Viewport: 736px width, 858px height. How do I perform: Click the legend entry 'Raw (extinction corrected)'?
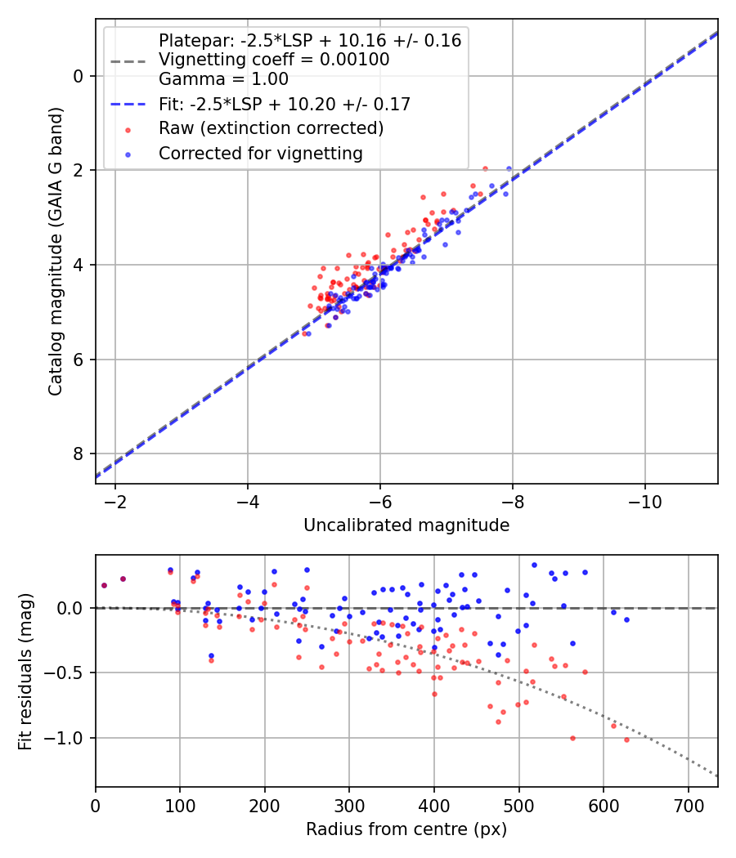click(271, 128)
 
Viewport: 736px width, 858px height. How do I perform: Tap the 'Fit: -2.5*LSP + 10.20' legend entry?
click(285, 104)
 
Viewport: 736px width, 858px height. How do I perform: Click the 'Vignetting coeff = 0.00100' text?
click(274, 60)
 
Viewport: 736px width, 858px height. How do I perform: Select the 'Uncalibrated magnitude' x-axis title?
click(406, 525)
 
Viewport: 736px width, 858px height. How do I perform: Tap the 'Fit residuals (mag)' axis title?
click(25, 672)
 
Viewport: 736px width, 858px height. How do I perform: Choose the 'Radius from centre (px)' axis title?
click(406, 829)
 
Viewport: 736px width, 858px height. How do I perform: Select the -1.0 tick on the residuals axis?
click(70, 738)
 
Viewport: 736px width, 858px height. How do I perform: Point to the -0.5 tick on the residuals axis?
click(70, 673)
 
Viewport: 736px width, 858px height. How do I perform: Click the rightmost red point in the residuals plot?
click(626, 740)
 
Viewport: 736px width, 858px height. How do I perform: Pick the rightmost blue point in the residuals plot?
click(626, 619)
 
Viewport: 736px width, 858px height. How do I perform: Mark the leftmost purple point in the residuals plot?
click(104, 585)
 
